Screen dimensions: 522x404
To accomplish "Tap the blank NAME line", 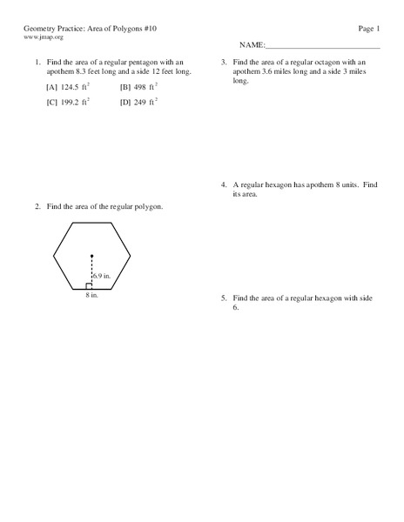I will coord(322,45).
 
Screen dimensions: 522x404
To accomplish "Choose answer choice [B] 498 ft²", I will coord(139,87).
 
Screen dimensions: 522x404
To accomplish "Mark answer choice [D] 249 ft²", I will coord(138,102).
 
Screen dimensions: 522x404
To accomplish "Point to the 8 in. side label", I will coord(91,296).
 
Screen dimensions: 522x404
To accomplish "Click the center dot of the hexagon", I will coord(91,256).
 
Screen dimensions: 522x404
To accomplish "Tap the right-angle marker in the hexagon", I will coord(89,285).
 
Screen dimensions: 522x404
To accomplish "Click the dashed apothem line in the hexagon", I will coord(91,271).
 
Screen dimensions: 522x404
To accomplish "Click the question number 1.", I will coord(37,63).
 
